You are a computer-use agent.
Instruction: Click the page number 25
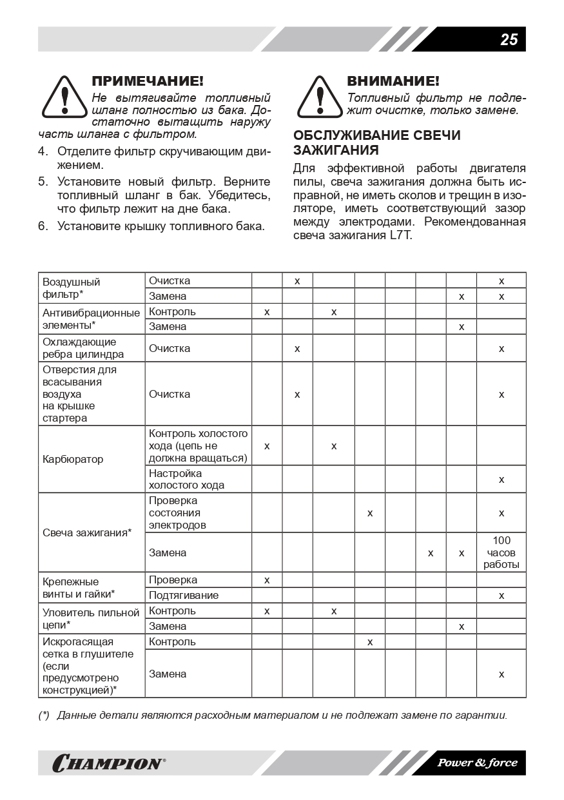(x=509, y=39)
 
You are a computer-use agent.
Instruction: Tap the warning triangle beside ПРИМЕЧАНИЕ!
(x=63, y=97)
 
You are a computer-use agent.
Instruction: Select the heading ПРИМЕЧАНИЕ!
(x=148, y=81)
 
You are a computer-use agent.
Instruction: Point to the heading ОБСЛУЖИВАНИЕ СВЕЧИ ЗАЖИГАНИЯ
(x=376, y=143)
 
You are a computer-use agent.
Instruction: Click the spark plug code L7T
(x=400, y=235)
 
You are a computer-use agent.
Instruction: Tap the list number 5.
(x=43, y=181)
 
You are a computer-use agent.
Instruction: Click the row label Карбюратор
(x=73, y=460)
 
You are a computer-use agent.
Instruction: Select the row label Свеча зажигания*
(x=87, y=532)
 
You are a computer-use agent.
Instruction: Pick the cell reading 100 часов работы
(x=501, y=552)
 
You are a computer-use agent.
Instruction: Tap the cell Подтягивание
(x=184, y=595)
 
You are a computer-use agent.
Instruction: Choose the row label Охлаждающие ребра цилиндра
(x=83, y=348)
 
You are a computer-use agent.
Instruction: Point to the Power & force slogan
(x=477, y=763)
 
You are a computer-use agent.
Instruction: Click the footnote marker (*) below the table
(x=44, y=715)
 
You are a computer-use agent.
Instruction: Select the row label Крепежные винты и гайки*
(x=79, y=587)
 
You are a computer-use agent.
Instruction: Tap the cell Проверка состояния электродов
(x=177, y=512)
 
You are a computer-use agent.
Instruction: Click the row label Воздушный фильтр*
(x=72, y=288)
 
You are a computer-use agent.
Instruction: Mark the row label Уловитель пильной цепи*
(x=91, y=618)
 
